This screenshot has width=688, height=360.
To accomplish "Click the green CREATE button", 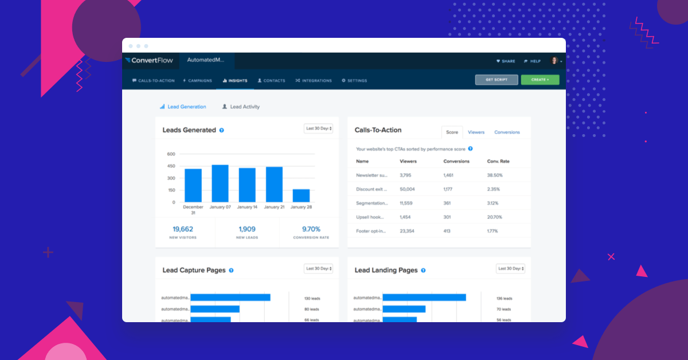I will coord(540,80).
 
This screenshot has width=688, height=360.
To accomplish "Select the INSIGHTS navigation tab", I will coord(235,81).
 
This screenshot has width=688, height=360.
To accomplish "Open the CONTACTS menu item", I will coord(271,81).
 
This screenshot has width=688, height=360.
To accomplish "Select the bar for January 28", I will coord(301,195).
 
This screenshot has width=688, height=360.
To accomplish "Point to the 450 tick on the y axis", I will coord(171,166).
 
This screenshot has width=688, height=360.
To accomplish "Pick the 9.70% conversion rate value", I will coord(311,229).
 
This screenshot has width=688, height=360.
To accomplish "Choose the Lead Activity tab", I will coord(244,107).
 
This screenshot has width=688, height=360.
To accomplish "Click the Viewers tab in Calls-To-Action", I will coord(476,132).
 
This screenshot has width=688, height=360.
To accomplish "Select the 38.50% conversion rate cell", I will coord(494,175).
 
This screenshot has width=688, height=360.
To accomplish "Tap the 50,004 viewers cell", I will coord(407,189).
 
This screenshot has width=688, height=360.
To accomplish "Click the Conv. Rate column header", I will coord(498,161).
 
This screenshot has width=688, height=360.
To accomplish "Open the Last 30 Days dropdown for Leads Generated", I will coord(318,128).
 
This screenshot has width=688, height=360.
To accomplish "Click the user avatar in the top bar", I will coord(554,61).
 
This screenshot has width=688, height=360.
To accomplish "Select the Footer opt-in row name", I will coord(371,231).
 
